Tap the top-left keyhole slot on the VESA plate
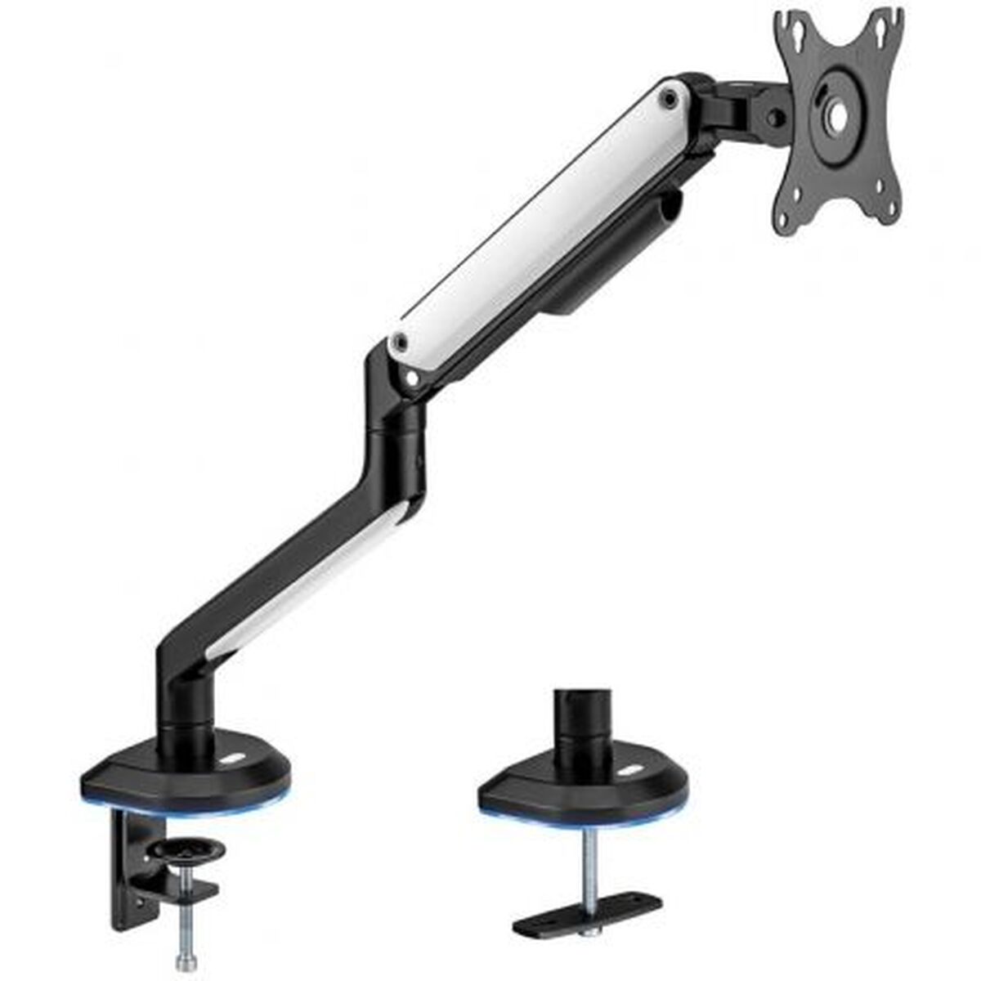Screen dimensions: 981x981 (786, 31)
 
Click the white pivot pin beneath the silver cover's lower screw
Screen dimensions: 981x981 (412, 378)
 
